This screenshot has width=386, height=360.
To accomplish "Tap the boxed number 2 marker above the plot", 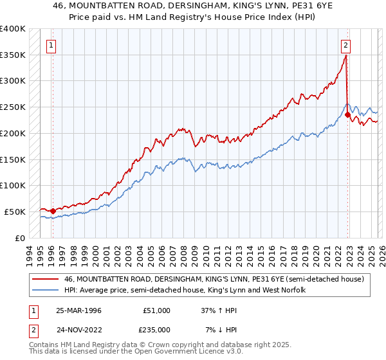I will (345, 45).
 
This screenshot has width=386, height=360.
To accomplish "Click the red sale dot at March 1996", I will (53, 211).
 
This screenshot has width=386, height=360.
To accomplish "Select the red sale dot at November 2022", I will (347, 115).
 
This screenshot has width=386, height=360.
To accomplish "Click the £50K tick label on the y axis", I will (14, 212).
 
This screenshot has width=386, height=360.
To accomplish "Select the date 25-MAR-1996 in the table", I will (79, 310).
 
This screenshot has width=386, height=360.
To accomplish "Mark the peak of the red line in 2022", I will (345, 56).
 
